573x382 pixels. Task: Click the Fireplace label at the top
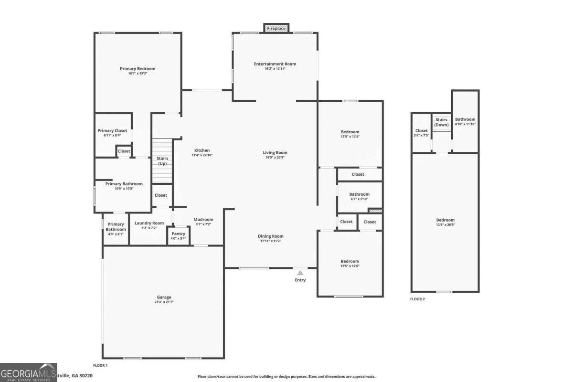276,29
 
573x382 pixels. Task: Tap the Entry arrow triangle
300,273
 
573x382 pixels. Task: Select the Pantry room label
178,233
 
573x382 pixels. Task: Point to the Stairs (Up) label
162,161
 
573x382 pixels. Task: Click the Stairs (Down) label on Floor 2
441,122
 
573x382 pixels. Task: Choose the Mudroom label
203,220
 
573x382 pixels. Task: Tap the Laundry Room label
149,223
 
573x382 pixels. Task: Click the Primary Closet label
112,130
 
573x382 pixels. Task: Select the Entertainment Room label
275,64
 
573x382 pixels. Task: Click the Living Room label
275,153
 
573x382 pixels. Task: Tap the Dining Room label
271,236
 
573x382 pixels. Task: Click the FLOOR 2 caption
417,299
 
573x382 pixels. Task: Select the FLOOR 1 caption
100,365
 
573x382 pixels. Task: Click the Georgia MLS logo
29,372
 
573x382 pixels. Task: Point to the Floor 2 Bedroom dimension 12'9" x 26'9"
445,224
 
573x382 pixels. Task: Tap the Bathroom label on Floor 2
465,119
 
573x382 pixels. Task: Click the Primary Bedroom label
138,69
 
